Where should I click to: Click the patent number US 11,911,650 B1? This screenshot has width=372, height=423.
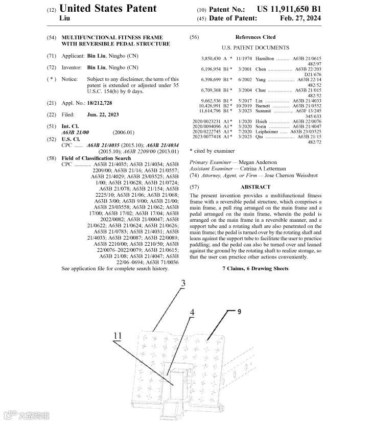[x=289, y=9]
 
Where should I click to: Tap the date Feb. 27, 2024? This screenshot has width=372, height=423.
[x=300, y=18]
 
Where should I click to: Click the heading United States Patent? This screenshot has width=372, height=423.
[x=108, y=9]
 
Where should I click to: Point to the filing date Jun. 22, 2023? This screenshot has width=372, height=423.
[x=103, y=115]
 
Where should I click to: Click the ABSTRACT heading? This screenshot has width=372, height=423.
[x=255, y=187]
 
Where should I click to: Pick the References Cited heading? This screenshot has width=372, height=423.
[x=255, y=37]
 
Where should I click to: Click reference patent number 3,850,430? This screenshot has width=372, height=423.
[x=211, y=59]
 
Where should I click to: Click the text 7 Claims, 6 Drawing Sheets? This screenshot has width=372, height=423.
[x=255, y=269]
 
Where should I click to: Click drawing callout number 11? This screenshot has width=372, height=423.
[x=118, y=335]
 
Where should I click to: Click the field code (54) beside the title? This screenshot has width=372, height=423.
[x=51, y=38]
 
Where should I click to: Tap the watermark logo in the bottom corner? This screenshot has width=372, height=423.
[x=27, y=414]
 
